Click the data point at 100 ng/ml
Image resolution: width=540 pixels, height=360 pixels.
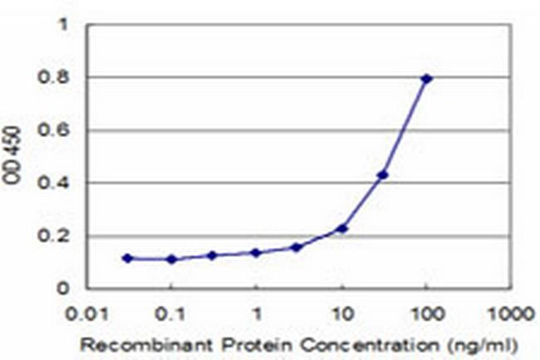426,78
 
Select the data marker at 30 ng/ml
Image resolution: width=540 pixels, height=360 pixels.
383,175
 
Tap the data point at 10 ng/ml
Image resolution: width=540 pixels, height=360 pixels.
341,228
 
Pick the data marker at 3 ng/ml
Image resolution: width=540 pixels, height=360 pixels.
297,247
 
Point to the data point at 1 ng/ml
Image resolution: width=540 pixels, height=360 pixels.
256,252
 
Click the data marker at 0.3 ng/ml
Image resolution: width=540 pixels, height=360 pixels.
213,255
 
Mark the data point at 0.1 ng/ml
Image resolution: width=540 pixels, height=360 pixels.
171,259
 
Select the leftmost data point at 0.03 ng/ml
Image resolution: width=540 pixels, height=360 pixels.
127,258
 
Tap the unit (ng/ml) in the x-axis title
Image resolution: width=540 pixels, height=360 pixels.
491,343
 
